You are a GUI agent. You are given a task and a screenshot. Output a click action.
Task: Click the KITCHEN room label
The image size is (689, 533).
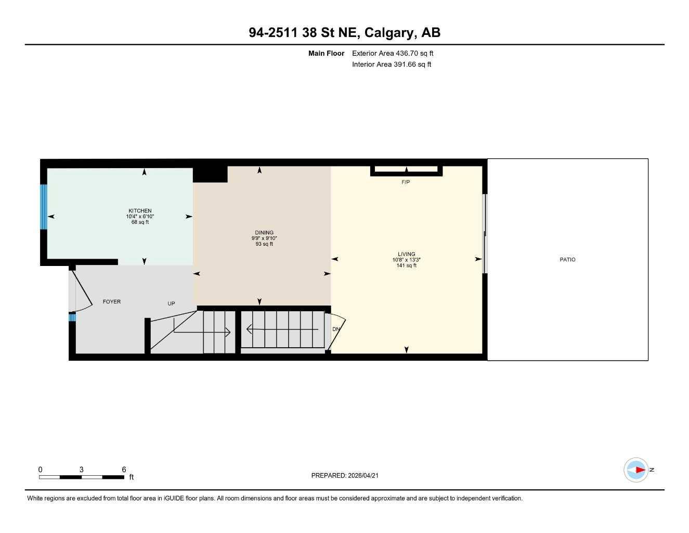(x=140, y=211)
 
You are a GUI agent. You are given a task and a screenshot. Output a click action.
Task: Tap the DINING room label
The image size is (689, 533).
(x=264, y=233)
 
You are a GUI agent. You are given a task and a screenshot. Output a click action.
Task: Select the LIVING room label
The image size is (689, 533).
(x=406, y=254)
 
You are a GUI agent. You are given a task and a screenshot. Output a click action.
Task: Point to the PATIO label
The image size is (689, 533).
(x=567, y=259)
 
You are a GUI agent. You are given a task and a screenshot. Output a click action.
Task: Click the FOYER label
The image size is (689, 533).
(x=111, y=301)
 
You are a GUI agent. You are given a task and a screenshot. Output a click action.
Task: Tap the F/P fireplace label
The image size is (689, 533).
(x=406, y=182)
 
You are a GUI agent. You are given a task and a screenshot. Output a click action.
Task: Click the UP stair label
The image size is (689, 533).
(x=171, y=303)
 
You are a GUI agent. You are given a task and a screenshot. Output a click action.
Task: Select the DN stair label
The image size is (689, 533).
(x=336, y=329)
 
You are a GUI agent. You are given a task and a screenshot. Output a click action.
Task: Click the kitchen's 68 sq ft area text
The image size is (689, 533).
(x=140, y=222)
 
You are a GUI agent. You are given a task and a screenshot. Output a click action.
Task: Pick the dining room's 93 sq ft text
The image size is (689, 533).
(x=264, y=244)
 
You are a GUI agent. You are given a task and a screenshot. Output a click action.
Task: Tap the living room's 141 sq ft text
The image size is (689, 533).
(x=406, y=265)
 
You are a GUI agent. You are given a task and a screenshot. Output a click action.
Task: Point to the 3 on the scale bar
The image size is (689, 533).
(x=81, y=469)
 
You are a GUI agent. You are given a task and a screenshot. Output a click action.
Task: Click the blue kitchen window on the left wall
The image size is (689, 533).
(x=44, y=207)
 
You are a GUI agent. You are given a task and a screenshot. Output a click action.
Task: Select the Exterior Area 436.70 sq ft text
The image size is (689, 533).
(x=393, y=53)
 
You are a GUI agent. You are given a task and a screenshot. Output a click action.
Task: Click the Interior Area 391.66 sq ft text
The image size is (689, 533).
(x=392, y=65)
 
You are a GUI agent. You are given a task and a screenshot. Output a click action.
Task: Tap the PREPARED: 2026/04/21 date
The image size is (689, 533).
(x=348, y=475)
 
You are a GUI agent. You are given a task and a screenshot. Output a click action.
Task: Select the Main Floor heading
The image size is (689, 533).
(x=326, y=53)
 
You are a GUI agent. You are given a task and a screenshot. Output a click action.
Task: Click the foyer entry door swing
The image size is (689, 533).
(x=83, y=291)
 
